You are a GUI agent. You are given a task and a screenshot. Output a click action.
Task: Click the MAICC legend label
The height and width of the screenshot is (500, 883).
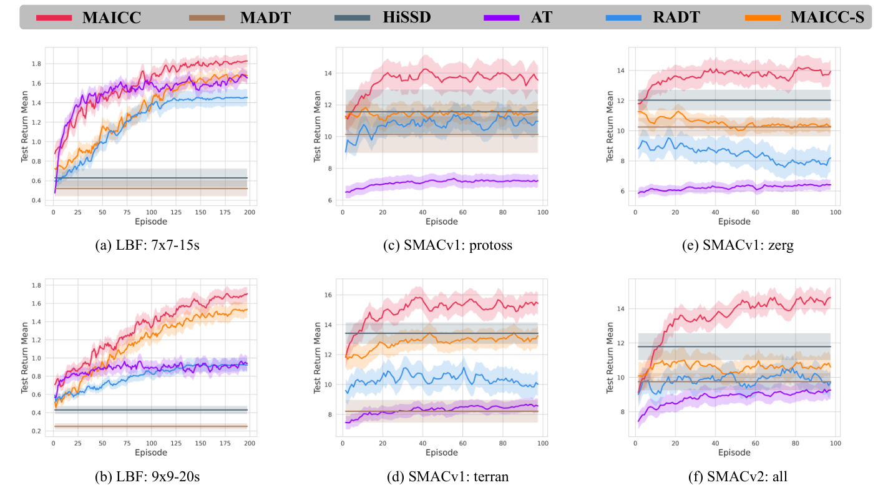pos(111,17)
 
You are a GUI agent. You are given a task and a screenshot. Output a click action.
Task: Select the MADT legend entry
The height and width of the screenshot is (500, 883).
pos(265,17)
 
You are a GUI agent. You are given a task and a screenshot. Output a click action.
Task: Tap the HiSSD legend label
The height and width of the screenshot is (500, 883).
pos(407,17)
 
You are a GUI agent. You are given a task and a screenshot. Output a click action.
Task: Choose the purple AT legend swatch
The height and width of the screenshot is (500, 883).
pos(501,17)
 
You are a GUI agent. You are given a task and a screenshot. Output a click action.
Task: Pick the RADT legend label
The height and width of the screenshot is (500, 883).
pos(676,17)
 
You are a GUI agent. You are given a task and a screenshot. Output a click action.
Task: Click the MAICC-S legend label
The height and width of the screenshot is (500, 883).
pos(827,17)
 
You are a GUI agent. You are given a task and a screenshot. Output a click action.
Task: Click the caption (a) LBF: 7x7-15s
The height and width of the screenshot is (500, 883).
pos(147,245)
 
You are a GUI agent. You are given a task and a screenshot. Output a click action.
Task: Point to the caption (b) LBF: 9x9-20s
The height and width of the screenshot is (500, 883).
pos(147,477)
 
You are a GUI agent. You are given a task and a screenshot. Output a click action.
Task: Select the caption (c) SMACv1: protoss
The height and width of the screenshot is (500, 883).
pos(447,245)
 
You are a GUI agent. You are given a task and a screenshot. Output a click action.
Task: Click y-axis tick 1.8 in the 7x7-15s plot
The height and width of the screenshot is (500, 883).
pos(37,64)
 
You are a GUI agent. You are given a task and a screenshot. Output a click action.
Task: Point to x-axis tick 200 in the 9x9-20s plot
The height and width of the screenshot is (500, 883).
pos(249,443)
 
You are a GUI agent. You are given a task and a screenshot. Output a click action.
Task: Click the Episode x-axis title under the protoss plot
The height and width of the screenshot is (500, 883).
pos(441,222)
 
